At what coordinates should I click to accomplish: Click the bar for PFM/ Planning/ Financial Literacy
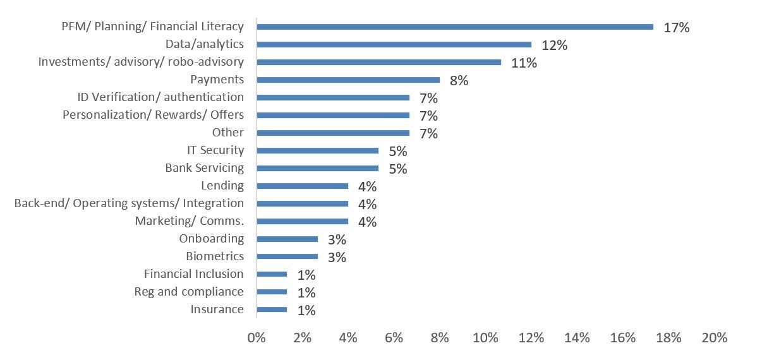455,27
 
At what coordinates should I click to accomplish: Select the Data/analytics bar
394,44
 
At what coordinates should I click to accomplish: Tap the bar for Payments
348,80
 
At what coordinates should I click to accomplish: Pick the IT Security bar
317,150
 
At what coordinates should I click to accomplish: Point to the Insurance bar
272,309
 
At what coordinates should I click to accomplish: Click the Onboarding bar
287,239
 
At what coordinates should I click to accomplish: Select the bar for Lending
302,186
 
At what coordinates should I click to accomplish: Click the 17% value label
676,27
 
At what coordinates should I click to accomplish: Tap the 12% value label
554,45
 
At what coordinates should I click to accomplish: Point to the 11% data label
524,63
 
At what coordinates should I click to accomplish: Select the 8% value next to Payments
459,80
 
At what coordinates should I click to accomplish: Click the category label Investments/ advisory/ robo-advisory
141,62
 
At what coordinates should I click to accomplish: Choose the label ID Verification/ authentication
160,97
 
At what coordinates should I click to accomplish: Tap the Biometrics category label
215,256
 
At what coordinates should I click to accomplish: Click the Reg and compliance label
189,292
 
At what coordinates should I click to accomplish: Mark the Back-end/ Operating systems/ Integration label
129,203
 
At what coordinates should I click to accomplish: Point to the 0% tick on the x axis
257,338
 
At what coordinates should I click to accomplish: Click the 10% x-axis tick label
485,338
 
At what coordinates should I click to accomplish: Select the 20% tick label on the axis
715,338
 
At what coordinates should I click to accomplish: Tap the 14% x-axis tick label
577,338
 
